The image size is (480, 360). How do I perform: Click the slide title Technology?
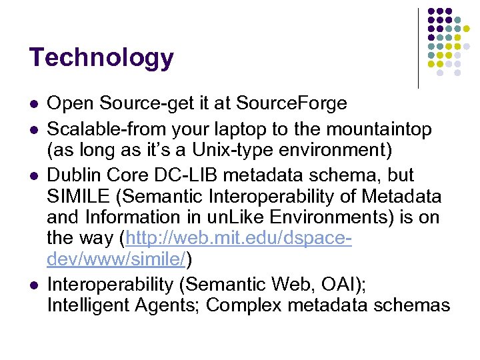(101, 58)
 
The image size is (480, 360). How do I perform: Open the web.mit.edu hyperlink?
(240, 238)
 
